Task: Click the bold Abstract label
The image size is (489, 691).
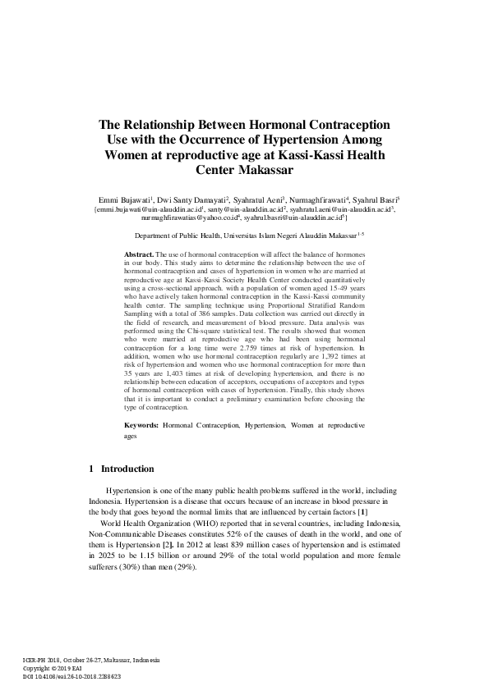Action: tap(138, 255)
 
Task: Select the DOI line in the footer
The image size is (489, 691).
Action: tap(72, 676)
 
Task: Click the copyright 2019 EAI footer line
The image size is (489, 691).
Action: tap(57, 668)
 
